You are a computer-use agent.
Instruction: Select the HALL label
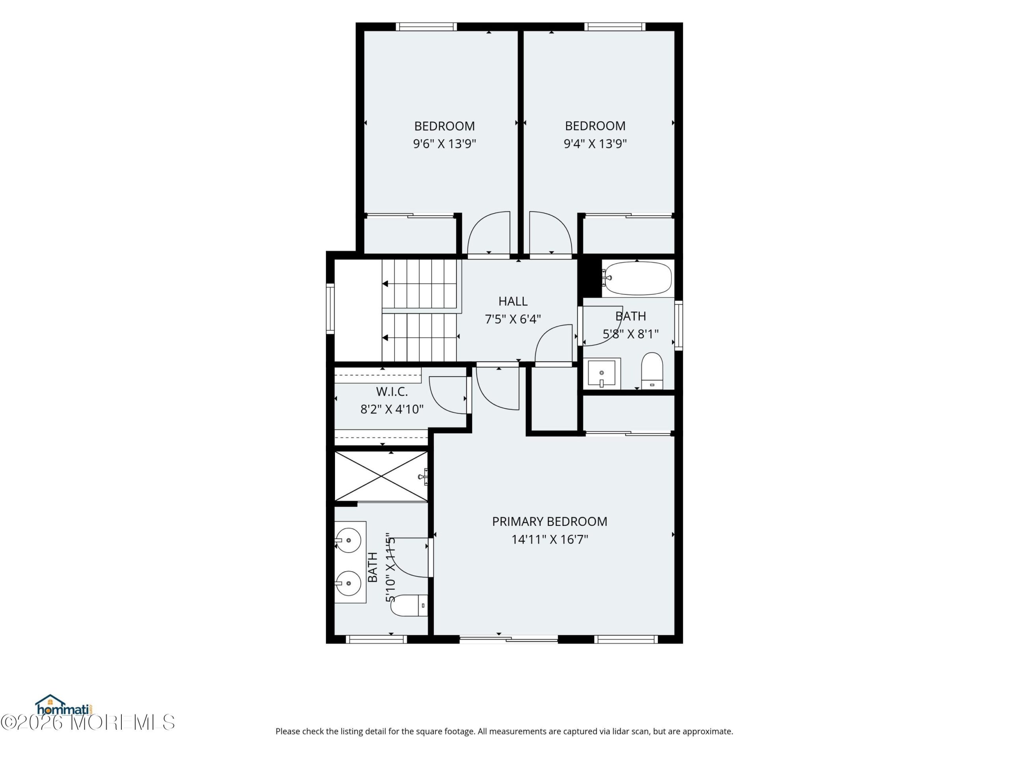click(513, 301)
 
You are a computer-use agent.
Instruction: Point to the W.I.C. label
click(392, 392)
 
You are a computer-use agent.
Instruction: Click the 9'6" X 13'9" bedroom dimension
click(444, 144)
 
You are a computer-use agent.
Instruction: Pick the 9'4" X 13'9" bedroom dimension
click(595, 144)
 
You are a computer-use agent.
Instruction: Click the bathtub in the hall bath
click(637, 278)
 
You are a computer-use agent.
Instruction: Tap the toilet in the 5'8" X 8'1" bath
click(652, 371)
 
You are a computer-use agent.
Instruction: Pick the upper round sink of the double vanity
click(348, 540)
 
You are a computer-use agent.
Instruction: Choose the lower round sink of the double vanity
click(348, 583)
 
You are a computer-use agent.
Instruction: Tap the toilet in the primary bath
click(409, 606)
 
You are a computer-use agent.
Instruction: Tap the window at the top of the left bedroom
click(426, 27)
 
